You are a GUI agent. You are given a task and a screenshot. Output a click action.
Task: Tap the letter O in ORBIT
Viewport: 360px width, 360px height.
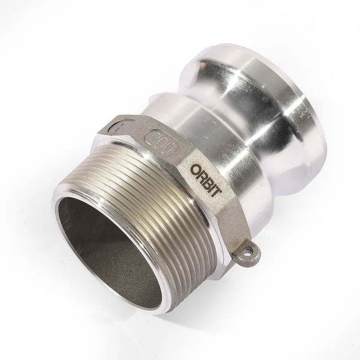coord(195,170)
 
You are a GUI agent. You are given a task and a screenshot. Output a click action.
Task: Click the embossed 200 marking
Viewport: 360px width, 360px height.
coord(162,141)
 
